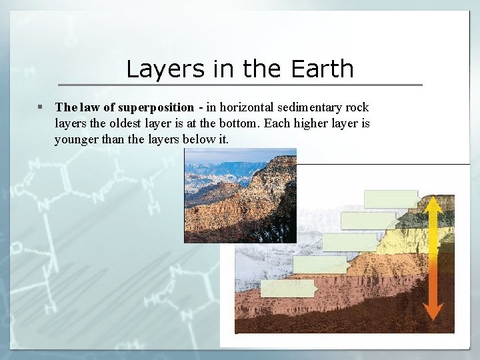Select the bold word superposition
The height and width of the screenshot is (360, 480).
pos(156,107)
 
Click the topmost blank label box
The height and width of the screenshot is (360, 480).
pos(391,199)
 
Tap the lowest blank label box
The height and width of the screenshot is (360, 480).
pos(287,288)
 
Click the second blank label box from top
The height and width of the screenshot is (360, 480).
pos(368,220)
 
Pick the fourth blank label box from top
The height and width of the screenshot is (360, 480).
pos(321,265)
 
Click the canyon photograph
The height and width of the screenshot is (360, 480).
pos(240,195)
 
